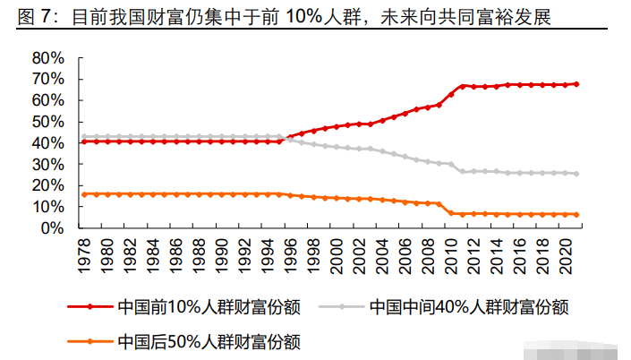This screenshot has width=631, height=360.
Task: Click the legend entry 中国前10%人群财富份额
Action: click(x=208, y=307)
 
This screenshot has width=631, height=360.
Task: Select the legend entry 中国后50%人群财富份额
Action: click(x=208, y=341)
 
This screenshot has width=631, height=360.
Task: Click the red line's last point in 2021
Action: click(x=576, y=84)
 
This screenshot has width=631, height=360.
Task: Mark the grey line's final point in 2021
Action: click(x=576, y=174)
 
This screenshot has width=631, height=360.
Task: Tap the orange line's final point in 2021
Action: click(x=576, y=215)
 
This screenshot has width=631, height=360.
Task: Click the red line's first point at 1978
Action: click(x=83, y=141)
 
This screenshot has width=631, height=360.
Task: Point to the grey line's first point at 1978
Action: click(x=83, y=136)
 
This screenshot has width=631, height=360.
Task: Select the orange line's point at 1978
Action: click(x=83, y=194)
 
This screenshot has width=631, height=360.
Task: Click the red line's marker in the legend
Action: click(x=90, y=307)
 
